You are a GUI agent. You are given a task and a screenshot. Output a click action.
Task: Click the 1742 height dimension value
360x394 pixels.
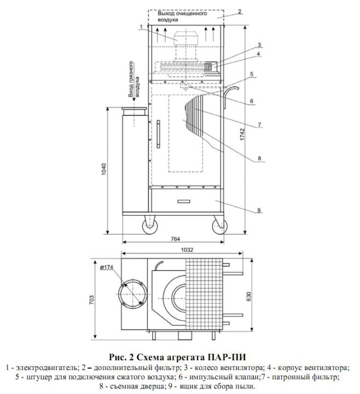[x=242, y=135]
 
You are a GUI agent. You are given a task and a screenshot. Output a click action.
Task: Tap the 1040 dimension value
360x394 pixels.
[x=104, y=169]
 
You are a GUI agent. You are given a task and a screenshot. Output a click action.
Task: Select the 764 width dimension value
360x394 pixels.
[x=175, y=239]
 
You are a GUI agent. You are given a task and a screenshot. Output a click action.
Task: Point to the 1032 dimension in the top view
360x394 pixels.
[x=187, y=250]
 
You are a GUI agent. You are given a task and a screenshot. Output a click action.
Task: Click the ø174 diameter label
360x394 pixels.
[x=107, y=268]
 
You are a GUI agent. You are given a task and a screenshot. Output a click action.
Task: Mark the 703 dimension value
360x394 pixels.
[x=92, y=300]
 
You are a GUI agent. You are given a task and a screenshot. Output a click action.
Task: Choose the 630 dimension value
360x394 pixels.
[x=249, y=297]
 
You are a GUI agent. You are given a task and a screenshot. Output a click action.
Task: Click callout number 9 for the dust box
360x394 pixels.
[x=259, y=210]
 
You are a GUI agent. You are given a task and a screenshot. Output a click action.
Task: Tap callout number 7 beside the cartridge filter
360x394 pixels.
[x=259, y=125]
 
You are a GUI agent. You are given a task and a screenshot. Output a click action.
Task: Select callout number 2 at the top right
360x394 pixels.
[x=240, y=11]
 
